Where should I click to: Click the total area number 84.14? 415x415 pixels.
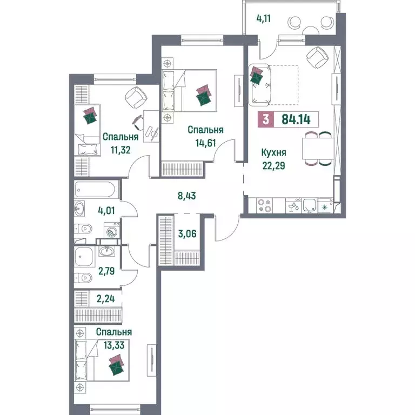tap(296, 119)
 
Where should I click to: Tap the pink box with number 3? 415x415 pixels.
tap(266, 119)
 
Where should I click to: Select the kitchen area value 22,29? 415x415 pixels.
tap(273, 166)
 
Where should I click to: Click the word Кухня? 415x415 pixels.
tap(273, 153)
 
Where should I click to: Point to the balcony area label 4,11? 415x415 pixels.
tap(264, 19)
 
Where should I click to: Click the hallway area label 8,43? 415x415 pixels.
tap(187, 196)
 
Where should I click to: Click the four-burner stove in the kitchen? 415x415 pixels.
tap(265, 205)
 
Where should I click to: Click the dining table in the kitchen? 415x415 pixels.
tap(318, 149)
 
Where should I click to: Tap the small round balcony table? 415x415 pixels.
tap(312, 30)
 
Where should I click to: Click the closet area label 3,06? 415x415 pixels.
tap(187, 233)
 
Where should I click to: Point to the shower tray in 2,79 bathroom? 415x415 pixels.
tap(85, 257)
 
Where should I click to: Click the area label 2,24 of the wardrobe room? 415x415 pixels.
tap(105, 299)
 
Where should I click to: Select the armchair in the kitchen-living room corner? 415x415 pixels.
tap(317, 57)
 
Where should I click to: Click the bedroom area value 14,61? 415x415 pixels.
tap(206, 143)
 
